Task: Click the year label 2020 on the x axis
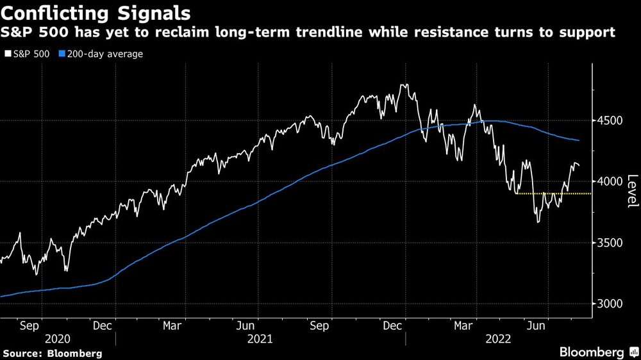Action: [58, 339]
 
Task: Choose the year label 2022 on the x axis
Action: [501, 339]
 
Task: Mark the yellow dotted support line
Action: [551, 193]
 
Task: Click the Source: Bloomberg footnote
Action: [53, 353]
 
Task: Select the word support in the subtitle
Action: [589, 32]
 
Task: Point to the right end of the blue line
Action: [579, 140]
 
